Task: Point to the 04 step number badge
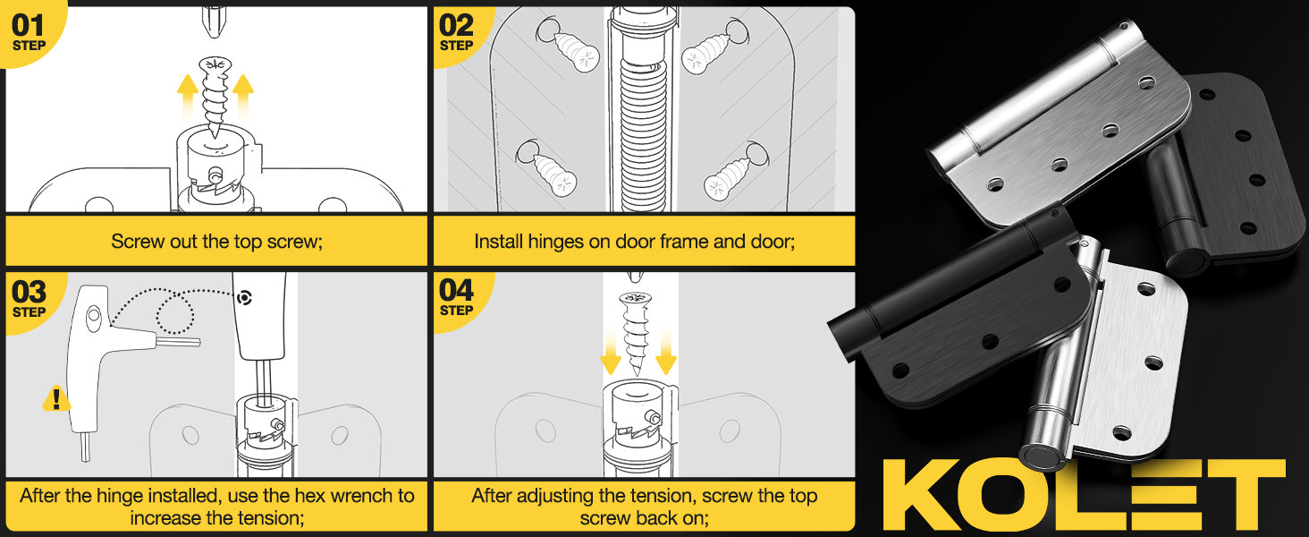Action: coord(457,296)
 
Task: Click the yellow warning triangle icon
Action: coord(56,398)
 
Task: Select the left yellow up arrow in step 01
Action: coord(188,96)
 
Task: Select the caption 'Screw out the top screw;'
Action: coord(215,242)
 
